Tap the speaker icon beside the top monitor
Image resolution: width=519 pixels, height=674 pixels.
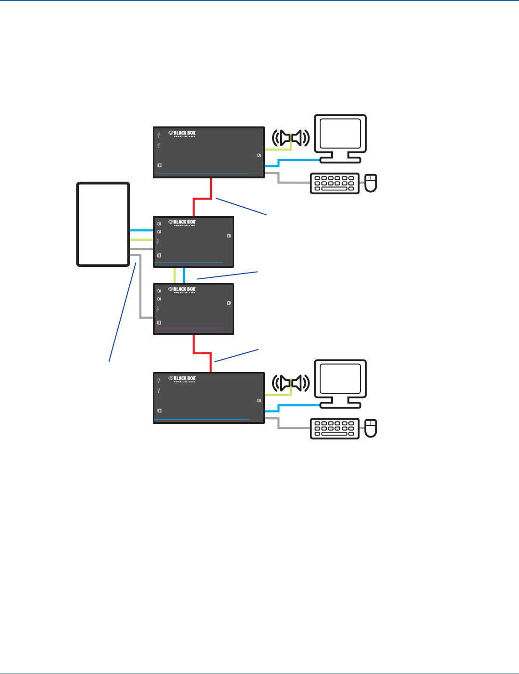291,138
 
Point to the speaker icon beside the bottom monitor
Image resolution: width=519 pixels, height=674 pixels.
291,384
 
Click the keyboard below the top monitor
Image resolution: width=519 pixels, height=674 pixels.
334,183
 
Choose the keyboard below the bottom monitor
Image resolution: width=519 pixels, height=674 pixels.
334,428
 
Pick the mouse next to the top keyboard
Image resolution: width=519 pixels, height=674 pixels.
371,183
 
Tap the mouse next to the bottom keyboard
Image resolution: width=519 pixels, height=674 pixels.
371,428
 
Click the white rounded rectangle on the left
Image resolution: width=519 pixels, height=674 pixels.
103,224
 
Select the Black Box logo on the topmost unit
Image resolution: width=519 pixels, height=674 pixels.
182,133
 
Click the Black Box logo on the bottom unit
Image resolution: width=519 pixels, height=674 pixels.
182,378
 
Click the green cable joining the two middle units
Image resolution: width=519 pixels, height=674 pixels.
174,275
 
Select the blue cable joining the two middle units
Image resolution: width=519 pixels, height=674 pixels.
184,275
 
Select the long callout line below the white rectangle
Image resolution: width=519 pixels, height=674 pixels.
123,312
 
